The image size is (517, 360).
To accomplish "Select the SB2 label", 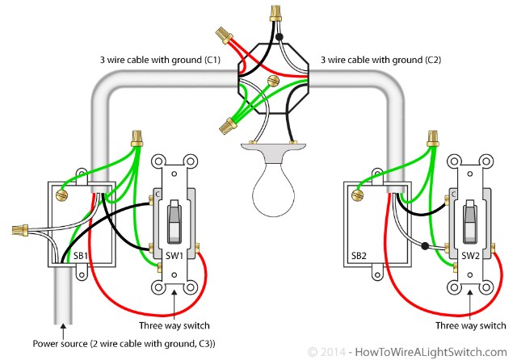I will point(361,256).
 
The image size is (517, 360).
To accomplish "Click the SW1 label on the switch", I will point(174,256).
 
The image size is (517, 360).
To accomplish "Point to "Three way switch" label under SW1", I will point(174,325).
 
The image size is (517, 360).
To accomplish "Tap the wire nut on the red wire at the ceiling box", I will point(224,36).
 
